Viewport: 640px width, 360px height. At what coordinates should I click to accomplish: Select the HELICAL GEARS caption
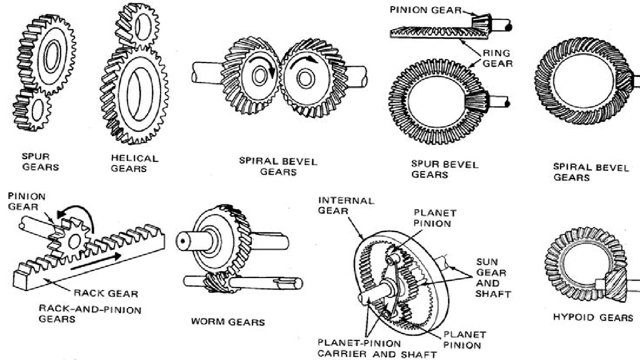(134, 163)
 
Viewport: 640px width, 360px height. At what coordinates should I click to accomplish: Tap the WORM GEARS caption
(227, 322)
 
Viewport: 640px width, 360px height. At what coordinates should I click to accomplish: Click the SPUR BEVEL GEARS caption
(437, 169)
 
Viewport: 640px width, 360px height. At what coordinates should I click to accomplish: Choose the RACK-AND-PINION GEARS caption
(89, 314)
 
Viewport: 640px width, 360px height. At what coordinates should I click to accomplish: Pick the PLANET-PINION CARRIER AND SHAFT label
(377, 349)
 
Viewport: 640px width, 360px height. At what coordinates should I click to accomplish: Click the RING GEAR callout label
(497, 58)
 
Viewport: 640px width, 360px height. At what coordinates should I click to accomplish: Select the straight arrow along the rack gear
(95, 261)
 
